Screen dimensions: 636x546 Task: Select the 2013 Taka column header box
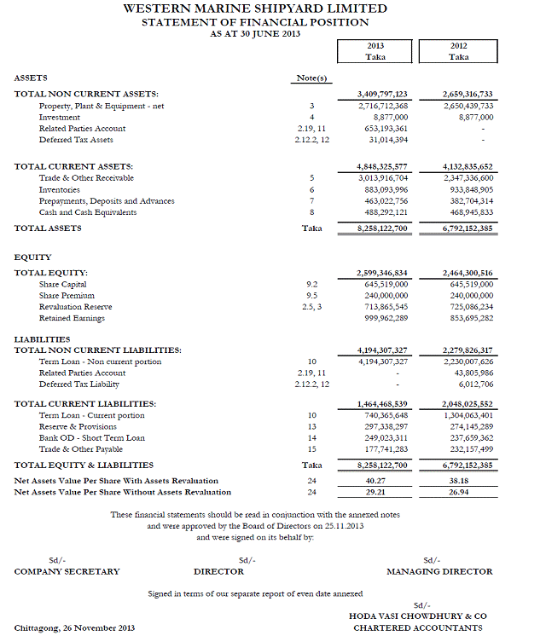click(x=376, y=51)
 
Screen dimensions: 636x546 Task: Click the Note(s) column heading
click(x=312, y=78)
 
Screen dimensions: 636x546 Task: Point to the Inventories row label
click(x=60, y=189)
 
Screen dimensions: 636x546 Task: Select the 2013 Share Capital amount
click(x=386, y=284)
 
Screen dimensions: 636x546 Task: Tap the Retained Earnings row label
click(x=72, y=318)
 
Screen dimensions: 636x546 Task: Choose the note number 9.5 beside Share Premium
click(x=312, y=295)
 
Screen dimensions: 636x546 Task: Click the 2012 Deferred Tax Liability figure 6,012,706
click(x=471, y=384)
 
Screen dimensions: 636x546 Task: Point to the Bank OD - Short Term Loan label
click(x=92, y=438)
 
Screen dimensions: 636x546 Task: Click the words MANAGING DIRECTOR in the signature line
click(x=439, y=571)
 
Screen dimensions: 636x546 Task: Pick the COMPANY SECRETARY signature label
click(x=67, y=571)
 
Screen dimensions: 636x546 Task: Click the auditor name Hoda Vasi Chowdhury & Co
click(x=418, y=616)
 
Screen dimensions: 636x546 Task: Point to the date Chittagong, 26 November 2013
click(x=75, y=628)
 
